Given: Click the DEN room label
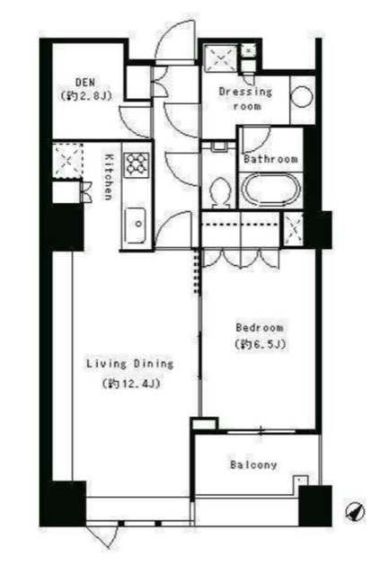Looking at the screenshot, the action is [x=85, y=83].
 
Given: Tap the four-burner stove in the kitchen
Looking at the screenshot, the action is [x=137, y=165].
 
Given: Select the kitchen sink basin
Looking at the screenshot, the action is [x=136, y=226].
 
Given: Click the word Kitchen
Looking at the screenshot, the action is [x=108, y=177].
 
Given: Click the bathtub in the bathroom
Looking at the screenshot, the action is [x=270, y=190].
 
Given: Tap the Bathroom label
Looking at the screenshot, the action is [x=270, y=159].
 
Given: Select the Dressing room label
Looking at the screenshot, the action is [x=246, y=99].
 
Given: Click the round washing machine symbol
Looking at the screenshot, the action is [x=302, y=97].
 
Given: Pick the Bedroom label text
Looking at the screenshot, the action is [x=260, y=328].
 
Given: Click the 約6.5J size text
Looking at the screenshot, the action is [x=260, y=344].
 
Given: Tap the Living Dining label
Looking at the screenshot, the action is [x=130, y=364].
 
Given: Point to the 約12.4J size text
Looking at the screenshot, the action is [x=131, y=384].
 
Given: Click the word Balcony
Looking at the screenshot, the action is [x=253, y=464].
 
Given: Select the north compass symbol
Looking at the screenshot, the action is [x=355, y=511].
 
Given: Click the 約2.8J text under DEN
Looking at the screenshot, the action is [x=85, y=96].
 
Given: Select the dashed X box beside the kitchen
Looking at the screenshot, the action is [x=68, y=160].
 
